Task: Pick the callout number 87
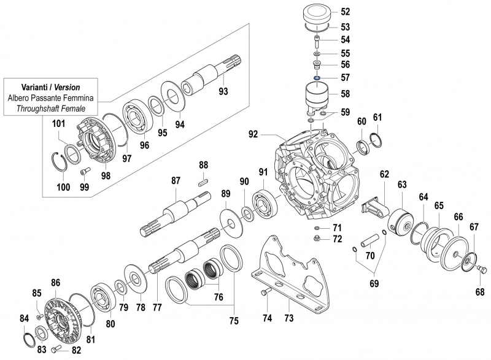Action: (x=176, y=180)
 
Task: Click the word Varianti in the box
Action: (x=36, y=87)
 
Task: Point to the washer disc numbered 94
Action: (x=174, y=94)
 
